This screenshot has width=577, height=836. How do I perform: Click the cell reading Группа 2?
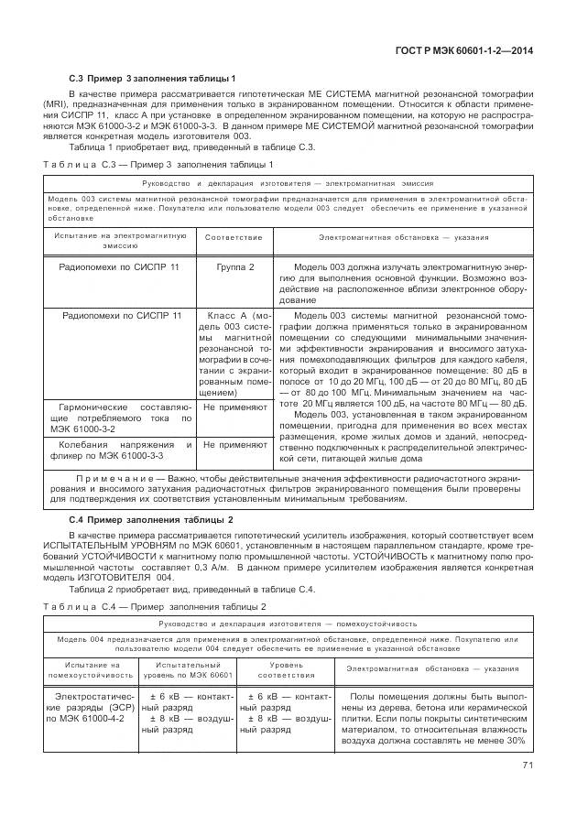(x=234, y=266)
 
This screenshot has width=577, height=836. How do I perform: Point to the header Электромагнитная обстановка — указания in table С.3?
(x=403, y=237)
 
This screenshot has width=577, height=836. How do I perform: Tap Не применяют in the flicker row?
(x=234, y=444)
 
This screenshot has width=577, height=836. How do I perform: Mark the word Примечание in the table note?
(x=112, y=478)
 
